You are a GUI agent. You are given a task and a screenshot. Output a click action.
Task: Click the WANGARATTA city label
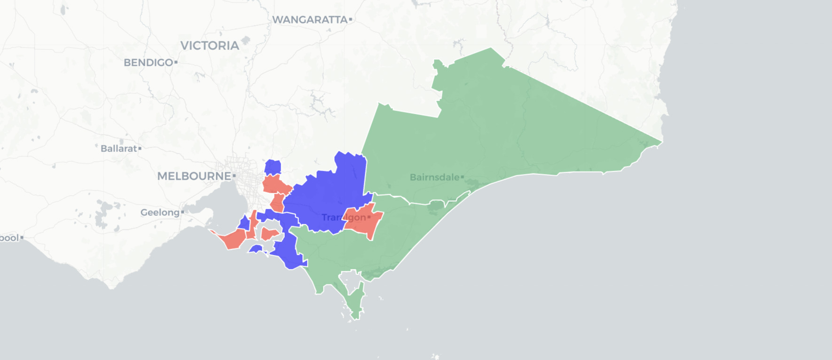tap(309, 20)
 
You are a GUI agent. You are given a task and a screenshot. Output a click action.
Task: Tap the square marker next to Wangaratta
tap(351, 20)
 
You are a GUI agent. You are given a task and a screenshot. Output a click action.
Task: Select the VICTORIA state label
tap(210, 46)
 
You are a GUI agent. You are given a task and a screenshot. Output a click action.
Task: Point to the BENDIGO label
tap(148, 63)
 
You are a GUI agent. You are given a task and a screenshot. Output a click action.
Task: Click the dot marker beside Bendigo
tap(176, 62)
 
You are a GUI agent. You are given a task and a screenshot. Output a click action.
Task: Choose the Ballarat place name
tap(118, 149)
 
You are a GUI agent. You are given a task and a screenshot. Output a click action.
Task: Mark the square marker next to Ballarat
tap(140, 149)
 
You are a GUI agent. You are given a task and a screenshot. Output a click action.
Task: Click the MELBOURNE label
tap(194, 176)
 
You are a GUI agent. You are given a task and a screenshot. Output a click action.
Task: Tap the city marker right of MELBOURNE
tap(234, 176)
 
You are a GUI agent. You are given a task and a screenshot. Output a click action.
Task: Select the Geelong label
tap(160, 212)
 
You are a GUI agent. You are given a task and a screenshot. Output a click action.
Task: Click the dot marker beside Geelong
tap(182, 212)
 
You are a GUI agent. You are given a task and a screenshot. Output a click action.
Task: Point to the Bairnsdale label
tap(434, 177)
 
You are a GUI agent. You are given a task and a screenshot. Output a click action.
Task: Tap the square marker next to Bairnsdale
tap(462, 177)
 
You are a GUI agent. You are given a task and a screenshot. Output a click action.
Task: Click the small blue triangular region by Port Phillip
tap(244, 223)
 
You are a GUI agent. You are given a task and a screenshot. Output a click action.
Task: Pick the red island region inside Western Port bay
tap(269, 234)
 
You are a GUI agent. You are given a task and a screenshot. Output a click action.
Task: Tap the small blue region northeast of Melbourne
tap(273, 167)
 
